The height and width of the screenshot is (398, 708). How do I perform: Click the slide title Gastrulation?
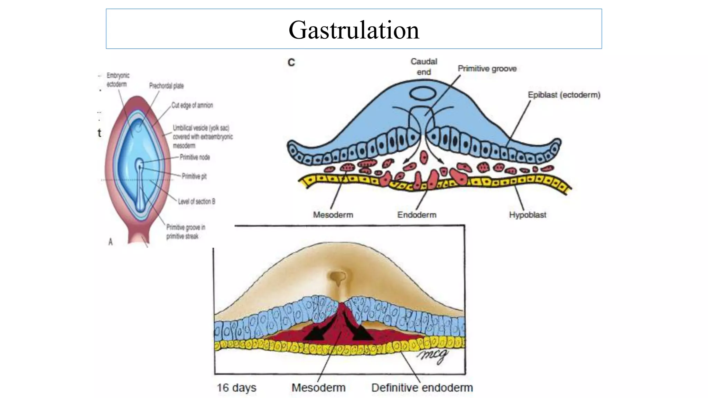tap(354, 30)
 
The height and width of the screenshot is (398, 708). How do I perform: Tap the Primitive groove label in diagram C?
tap(487, 69)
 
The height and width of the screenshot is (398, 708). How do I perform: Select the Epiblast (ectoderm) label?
tap(564, 95)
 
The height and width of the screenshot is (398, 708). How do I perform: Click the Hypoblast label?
tap(528, 215)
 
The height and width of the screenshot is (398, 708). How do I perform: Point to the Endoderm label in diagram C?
tap(417, 215)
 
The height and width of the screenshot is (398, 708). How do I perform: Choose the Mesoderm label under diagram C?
tap(333, 215)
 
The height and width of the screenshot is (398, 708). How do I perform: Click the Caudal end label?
tap(424, 67)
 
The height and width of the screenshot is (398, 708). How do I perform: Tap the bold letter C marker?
tap(291, 63)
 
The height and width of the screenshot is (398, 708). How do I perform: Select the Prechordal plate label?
tap(166, 86)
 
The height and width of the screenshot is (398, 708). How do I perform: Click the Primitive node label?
tap(195, 157)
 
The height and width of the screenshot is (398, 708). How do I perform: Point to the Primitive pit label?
tap(194, 176)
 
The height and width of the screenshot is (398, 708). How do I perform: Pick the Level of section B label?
tap(196, 201)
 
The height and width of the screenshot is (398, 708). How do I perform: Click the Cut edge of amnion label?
tap(192, 105)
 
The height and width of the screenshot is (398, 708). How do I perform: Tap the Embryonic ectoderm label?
tap(118, 80)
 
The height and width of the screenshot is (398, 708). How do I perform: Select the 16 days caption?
tap(236, 388)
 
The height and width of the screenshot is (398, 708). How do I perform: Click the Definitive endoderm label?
tap(422, 388)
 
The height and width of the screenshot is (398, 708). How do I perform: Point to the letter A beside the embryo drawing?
tap(111, 242)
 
